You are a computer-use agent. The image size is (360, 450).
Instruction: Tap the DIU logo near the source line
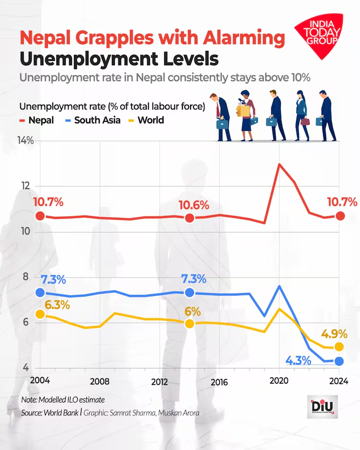(322, 407)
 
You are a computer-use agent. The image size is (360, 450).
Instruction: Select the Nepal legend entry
(36, 120)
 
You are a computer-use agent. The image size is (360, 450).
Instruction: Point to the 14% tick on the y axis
(26, 141)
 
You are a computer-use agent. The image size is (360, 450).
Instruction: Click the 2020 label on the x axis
(279, 381)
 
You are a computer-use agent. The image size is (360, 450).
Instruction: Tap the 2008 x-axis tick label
(99, 381)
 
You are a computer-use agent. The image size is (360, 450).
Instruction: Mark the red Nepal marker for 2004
(40, 216)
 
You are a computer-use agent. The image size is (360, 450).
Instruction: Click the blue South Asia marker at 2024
(339, 361)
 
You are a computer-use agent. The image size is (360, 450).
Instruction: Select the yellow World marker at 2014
(189, 323)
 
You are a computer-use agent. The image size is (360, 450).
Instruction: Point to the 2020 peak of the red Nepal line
(279, 164)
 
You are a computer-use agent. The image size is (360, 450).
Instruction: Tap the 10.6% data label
(194, 205)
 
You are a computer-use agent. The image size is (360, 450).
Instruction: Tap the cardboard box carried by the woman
(243, 110)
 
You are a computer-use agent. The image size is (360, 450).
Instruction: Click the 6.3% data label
(58, 305)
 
